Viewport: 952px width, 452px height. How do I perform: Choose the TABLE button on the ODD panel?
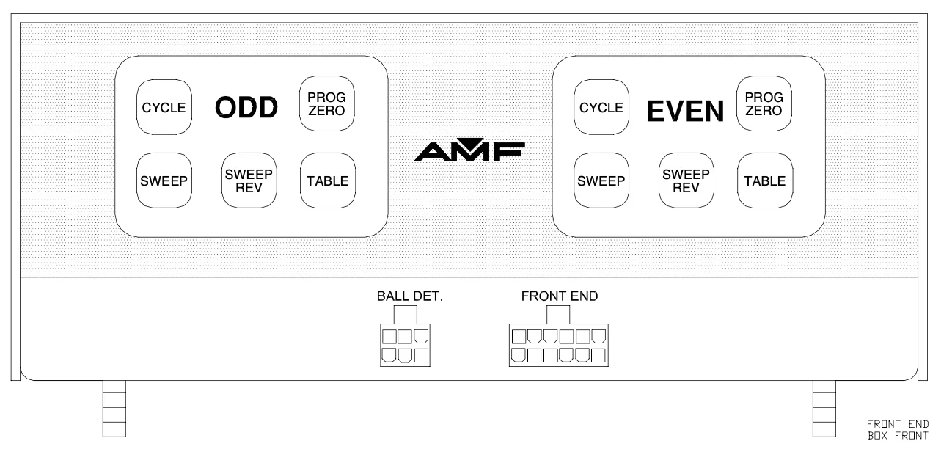(326, 181)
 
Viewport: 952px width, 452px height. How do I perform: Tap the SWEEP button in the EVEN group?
(600, 181)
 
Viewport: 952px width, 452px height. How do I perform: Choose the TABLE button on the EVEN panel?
(764, 181)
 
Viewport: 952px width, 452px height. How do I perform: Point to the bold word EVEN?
(684, 111)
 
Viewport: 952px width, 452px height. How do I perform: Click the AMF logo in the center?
(469, 150)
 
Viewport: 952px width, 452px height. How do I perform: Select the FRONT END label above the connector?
(560, 297)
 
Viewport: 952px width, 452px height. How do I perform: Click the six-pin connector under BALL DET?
(404, 346)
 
